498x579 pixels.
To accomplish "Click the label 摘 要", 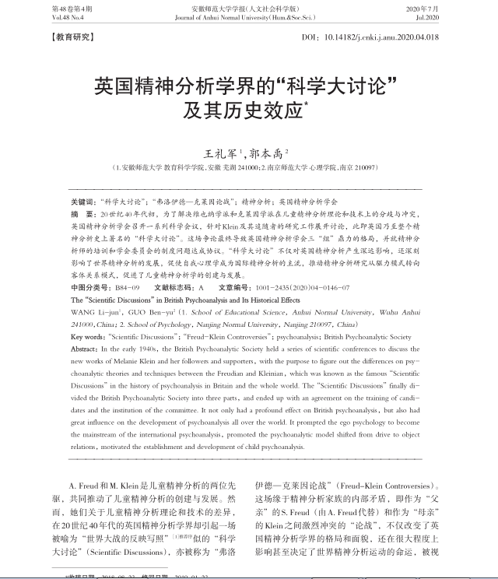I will tap(83, 212).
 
